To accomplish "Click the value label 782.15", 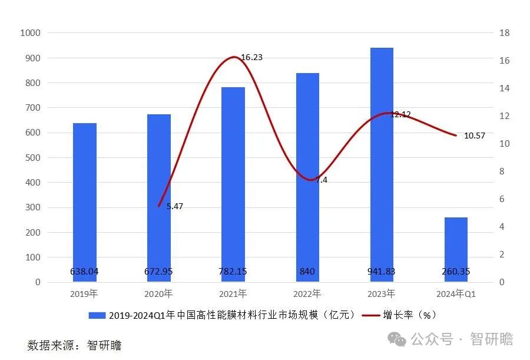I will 233,272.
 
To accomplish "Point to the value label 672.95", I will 159,272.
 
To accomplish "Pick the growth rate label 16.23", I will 251,57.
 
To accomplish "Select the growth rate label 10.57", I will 475,136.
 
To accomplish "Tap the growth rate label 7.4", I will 321,180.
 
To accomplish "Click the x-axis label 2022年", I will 307,293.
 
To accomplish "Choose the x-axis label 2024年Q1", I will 456,293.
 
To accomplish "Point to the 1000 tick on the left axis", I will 30,33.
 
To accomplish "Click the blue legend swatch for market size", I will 97,315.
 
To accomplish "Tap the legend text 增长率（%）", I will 410,315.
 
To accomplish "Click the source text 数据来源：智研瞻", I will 74,345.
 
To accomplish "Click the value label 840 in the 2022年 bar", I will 307,272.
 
